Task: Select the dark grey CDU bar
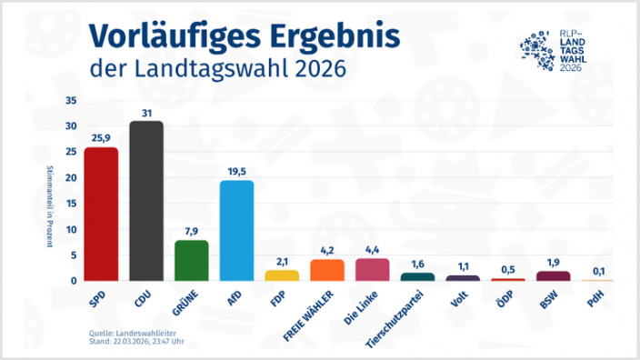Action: click(x=146, y=201)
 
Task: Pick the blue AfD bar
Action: click(x=236, y=231)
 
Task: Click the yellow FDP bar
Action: click(x=282, y=275)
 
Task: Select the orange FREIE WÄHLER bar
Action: click(x=327, y=270)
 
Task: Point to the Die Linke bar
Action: click(x=372, y=270)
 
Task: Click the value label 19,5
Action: click(x=236, y=170)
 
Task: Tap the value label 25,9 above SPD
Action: click(x=101, y=137)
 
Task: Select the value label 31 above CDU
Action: click(x=146, y=112)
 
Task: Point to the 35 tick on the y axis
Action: click(x=72, y=101)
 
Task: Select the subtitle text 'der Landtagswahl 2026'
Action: click(x=217, y=69)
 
